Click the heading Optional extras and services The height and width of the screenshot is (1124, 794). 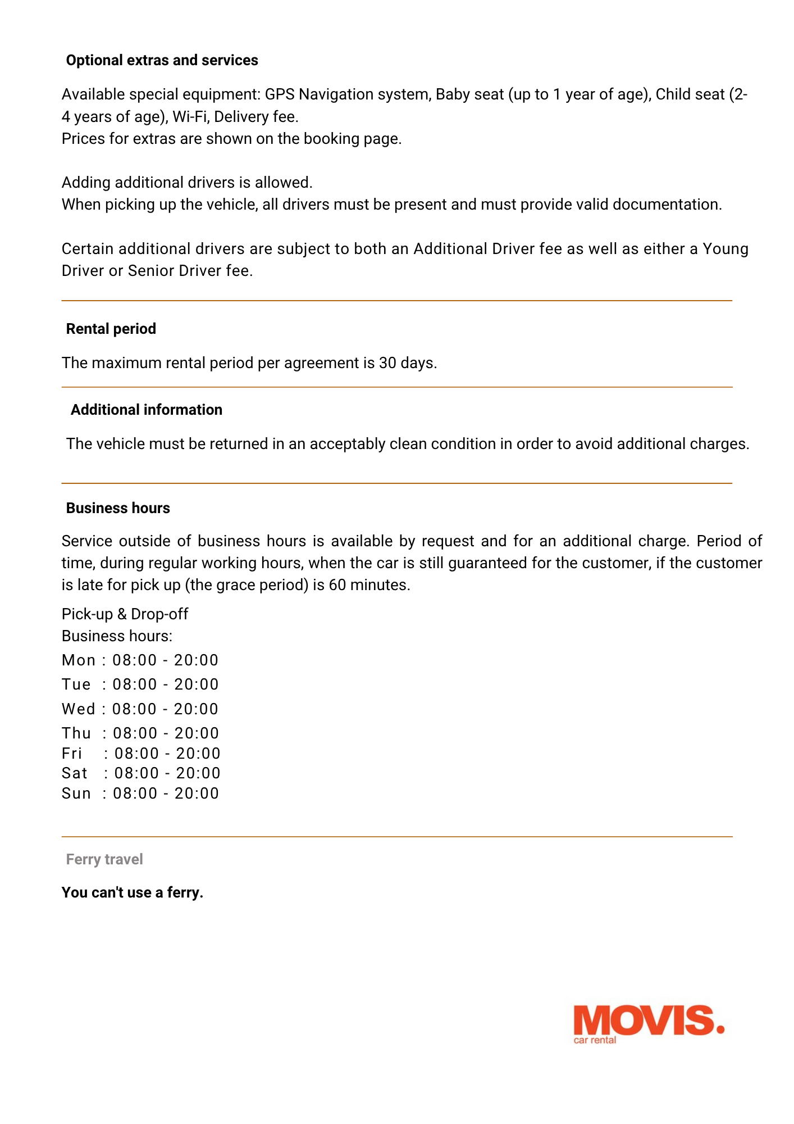tap(162, 60)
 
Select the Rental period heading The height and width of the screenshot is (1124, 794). tap(111, 329)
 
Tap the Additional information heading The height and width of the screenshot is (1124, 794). tap(146, 410)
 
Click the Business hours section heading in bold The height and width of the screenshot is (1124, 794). tap(118, 508)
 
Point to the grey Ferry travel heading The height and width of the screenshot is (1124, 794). tap(104, 859)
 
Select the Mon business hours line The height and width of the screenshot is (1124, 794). tap(140, 660)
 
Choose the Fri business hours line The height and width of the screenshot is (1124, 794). tap(141, 753)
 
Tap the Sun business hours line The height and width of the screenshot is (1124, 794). tap(140, 793)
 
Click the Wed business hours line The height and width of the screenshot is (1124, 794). tap(140, 709)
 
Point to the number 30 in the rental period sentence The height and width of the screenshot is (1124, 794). tap(387, 363)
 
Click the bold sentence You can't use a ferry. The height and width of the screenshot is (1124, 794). tap(133, 892)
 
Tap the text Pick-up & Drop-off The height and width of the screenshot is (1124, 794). tap(125, 614)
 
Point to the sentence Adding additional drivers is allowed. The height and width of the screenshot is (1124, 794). tap(187, 183)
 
